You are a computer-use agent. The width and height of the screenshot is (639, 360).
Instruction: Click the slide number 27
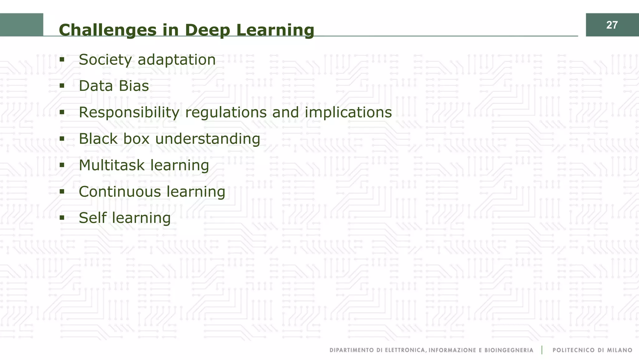612,25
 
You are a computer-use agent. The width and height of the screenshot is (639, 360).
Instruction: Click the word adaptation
177,60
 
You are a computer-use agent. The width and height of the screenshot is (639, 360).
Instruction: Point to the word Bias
134,86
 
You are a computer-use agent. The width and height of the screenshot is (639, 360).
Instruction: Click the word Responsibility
129,112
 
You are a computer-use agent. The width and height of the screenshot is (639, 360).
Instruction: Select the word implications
348,112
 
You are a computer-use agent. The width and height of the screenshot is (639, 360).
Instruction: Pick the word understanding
207,139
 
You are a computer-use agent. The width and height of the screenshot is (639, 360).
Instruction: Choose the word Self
93,218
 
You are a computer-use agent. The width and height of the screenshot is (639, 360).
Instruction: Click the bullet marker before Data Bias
62,85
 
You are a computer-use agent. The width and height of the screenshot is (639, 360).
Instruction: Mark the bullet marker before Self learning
62,217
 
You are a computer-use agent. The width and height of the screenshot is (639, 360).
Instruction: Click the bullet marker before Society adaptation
62,59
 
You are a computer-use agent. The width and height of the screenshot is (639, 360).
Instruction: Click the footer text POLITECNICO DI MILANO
592,350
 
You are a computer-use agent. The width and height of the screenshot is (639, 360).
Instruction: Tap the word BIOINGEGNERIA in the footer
509,350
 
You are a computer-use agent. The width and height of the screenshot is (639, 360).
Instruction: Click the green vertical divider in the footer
542,350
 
